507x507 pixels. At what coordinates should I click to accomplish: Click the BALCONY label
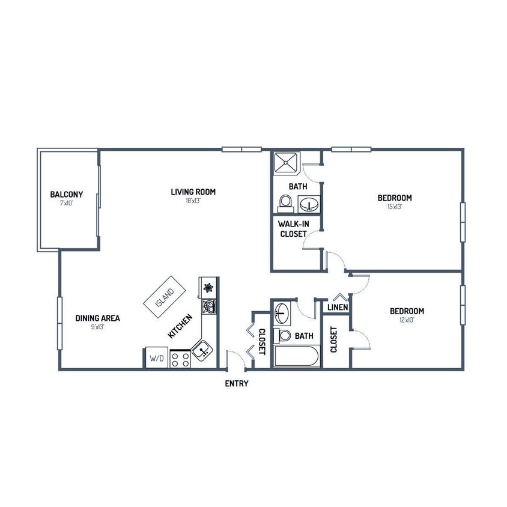click(66, 195)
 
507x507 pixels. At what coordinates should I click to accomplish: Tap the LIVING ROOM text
click(193, 192)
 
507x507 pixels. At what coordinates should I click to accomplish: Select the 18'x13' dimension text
click(193, 201)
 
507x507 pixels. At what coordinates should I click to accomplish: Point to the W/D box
click(156, 358)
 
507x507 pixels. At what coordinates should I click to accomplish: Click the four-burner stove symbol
click(180, 359)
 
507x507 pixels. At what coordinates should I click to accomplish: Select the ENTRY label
click(236, 383)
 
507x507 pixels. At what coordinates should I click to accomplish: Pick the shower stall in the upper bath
click(286, 163)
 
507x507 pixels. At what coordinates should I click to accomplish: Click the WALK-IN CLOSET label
click(293, 229)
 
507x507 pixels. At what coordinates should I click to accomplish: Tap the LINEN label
click(338, 308)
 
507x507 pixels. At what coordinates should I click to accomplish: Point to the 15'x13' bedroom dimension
click(395, 207)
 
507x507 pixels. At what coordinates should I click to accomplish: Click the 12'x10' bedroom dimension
click(407, 320)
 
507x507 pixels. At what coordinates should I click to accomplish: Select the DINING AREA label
click(97, 318)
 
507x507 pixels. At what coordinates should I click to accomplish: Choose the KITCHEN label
click(180, 326)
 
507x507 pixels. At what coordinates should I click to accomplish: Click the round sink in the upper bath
click(309, 204)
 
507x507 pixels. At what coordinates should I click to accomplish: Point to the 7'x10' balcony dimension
click(66, 204)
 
